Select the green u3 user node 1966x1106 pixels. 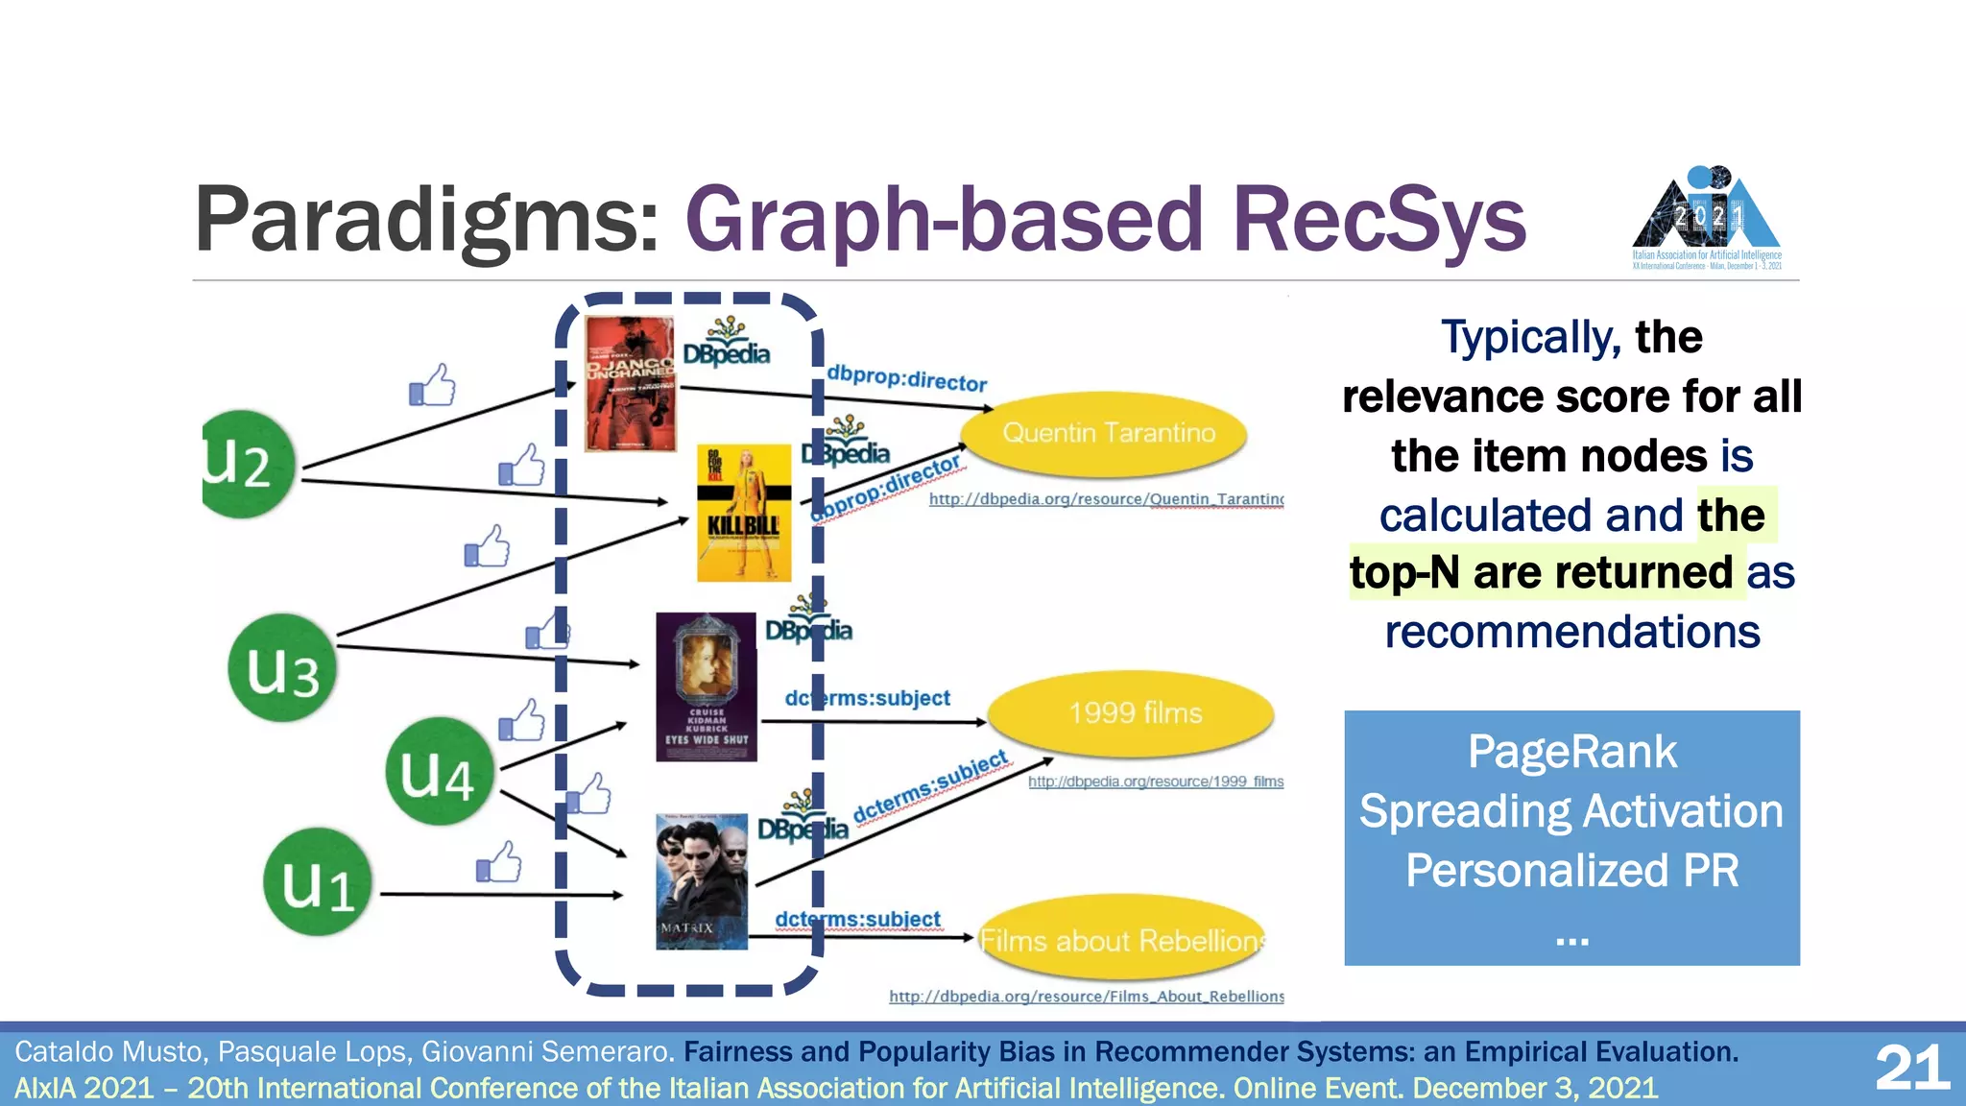point(282,668)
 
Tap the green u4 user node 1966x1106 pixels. point(439,772)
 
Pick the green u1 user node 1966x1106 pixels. point(317,883)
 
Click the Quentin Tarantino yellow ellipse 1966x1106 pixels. point(1105,434)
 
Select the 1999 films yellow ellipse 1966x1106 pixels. point(1132,713)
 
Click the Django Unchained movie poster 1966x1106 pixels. point(630,384)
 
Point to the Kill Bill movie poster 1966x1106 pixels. point(744,514)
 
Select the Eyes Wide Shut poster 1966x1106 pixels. point(707,687)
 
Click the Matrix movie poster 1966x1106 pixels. point(701,881)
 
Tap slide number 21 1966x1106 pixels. point(1911,1068)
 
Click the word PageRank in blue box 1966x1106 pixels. point(1571,752)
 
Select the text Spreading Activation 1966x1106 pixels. point(1571,811)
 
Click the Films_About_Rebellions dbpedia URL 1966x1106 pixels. point(1086,997)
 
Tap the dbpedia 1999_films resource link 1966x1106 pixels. point(1155,781)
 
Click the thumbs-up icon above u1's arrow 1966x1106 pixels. point(499,862)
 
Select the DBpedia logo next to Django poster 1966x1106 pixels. point(727,343)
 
